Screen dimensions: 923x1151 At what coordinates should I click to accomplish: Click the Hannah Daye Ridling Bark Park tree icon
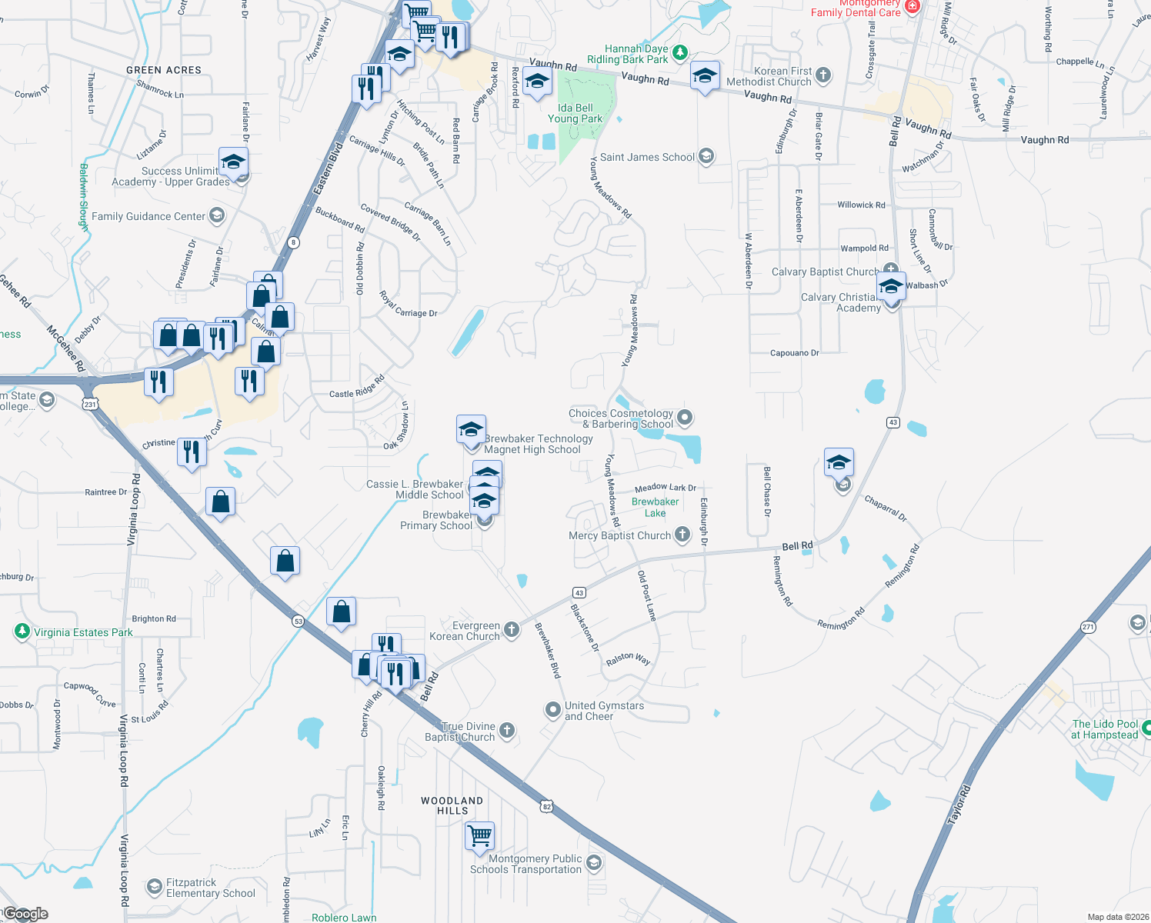[x=679, y=52]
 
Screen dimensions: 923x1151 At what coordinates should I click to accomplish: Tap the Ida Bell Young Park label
[x=575, y=114]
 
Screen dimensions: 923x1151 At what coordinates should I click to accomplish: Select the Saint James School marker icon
[x=706, y=157]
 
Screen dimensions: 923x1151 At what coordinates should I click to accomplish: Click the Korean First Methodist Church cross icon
[x=823, y=75]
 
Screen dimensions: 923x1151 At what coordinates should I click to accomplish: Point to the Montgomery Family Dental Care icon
[x=912, y=6]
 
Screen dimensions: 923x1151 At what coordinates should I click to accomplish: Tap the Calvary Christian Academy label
[x=840, y=302]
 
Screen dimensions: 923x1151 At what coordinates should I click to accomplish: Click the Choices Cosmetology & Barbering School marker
[x=685, y=418]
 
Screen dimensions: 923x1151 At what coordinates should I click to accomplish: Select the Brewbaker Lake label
[x=655, y=508]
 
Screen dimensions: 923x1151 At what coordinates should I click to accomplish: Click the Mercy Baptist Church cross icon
[x=682, y=535]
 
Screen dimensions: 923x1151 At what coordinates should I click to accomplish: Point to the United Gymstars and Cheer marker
[x=552, y=710]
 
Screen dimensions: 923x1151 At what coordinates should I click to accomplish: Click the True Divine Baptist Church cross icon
[x=506, y=730]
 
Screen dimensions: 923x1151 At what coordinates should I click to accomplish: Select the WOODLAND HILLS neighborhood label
[x=452, y=805]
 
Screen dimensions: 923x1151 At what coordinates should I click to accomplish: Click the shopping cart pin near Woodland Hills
[x=479, y=835]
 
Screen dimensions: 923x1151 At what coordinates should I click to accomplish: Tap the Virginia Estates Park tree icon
[x=22, y=631]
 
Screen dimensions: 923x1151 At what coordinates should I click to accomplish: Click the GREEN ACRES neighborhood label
[x=164, y=70]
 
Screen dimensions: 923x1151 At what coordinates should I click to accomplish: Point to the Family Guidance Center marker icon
[x=217, y=215]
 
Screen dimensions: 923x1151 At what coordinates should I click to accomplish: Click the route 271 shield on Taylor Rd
[x=1088, y=627]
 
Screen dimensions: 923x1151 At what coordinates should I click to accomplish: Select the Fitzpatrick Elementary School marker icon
[x=155, y=887]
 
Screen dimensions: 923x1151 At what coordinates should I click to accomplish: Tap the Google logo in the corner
[x=25, y=914]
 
